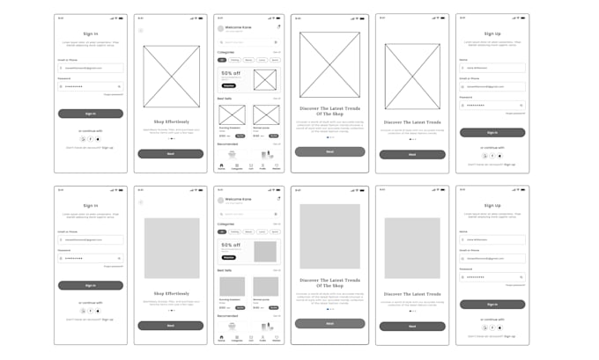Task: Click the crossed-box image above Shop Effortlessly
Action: click(172, 77)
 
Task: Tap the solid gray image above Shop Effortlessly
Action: click(172, 248)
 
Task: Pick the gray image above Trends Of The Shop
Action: click(329, 236)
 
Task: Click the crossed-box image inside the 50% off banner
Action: click(265, 80)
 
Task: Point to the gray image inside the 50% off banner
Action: click(265, 252)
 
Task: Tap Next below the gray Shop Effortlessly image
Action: click(172, 325)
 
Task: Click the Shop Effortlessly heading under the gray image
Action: click(172, 293)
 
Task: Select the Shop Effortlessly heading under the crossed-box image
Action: click(172, 121)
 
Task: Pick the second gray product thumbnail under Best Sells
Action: click(266, 286)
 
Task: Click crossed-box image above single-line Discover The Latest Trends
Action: click(411, 77)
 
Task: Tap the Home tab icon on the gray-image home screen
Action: click(221, 337)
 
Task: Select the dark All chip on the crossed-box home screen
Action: click(222, 60)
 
